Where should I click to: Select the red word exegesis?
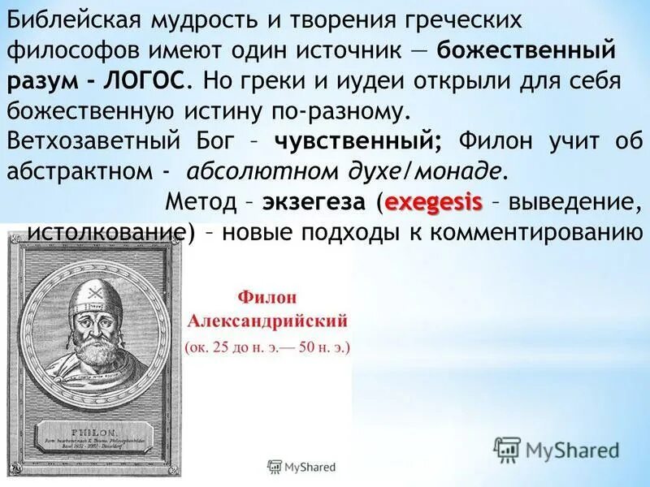pyautogui.click(x=434, y=200)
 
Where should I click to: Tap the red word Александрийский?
pyautogui.click(x=267, y=317)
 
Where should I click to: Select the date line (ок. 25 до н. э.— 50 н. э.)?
pyautogui.click(x=267, y=347)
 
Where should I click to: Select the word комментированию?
pyautogui.click(x=531, y=232)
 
